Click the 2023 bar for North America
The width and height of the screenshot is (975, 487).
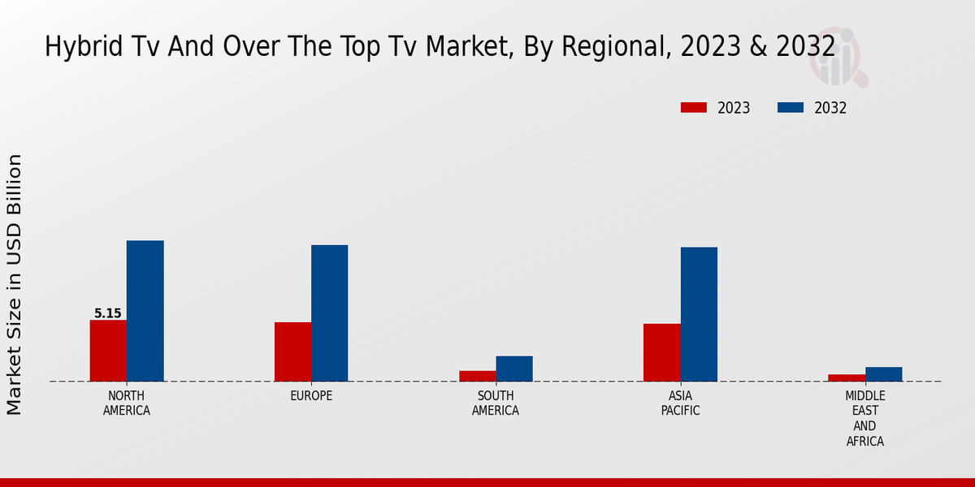tap(108, 351)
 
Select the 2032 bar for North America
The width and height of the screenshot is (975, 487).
tap(145, 311)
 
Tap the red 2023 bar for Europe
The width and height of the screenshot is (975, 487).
tap(292, 351)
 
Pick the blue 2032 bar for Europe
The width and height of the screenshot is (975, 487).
tap(329, 313)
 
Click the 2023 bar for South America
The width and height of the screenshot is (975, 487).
tap(477, 376)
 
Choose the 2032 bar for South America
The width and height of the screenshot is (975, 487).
tap(514, 368)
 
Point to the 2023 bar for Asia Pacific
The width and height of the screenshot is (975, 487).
tap(661, 352)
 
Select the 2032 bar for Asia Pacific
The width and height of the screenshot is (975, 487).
tap(699, 314)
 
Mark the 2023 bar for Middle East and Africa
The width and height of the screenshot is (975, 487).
tap(847, 377)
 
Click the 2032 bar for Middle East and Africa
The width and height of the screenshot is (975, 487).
tap(883, 374)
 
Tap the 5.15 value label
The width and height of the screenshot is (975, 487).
tap(108, 313)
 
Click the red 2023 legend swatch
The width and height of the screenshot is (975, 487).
tap(694, 108)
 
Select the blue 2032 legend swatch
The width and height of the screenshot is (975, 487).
tap(791, 108)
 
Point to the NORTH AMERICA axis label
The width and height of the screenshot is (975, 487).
tap(127, 403)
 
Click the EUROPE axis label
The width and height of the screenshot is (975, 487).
tap(311, 396)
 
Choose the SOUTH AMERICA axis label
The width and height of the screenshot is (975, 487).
tap(496, 403)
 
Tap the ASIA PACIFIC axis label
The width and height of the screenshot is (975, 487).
tap(680, 403)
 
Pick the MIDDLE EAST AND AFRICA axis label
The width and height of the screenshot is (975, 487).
tap(864, 418)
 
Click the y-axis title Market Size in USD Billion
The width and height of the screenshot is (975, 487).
tap(15, 284)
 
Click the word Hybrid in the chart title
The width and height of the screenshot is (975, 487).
tap(76, 47)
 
